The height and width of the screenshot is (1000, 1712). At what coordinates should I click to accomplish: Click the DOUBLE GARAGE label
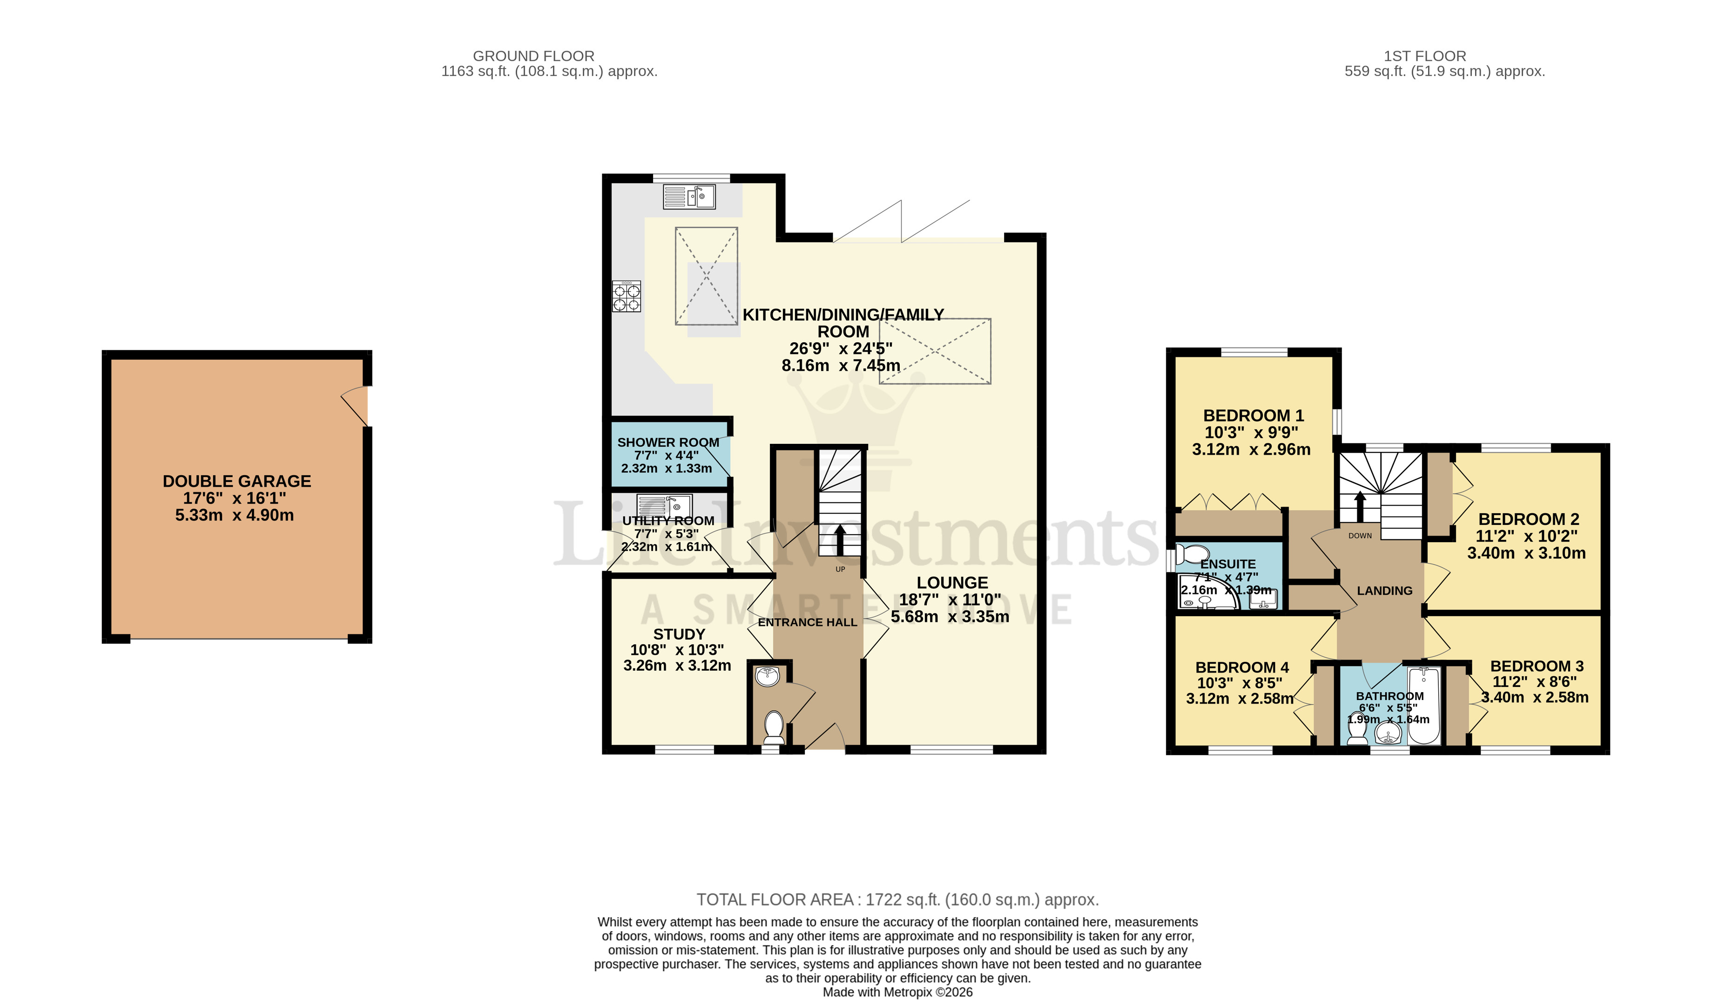tap(236, 481)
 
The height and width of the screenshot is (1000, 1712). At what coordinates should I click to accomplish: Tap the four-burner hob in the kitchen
tap(627, 296)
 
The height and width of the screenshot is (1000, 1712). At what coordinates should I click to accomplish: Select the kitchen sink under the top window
tap(689, 197)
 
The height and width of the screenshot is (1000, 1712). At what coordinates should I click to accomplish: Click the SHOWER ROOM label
tap(668, 442)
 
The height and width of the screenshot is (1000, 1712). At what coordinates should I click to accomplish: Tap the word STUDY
tap(679, 634)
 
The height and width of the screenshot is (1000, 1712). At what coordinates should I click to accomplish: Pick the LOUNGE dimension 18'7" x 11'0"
tap(950, 599)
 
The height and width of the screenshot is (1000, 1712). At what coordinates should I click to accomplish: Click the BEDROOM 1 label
tap(1254, 415)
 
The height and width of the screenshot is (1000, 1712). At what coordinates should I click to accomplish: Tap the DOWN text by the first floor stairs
tap(1360, 536)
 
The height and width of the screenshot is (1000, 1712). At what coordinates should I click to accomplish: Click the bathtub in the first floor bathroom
tap(1424, 706)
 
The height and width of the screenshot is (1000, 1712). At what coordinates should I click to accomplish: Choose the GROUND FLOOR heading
tap(533, 56)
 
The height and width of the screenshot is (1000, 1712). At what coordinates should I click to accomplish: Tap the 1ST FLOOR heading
tap(1425, 56)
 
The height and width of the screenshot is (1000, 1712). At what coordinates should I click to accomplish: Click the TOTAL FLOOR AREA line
tap(897, 899)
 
